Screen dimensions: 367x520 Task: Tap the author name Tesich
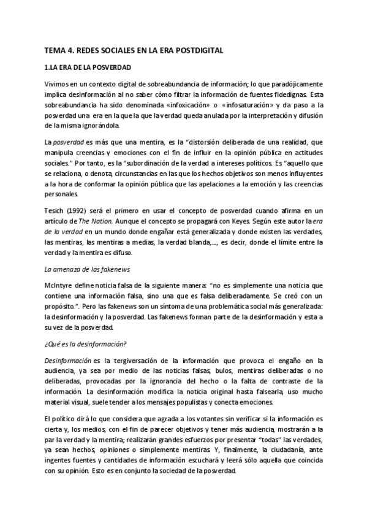point(55,211)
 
